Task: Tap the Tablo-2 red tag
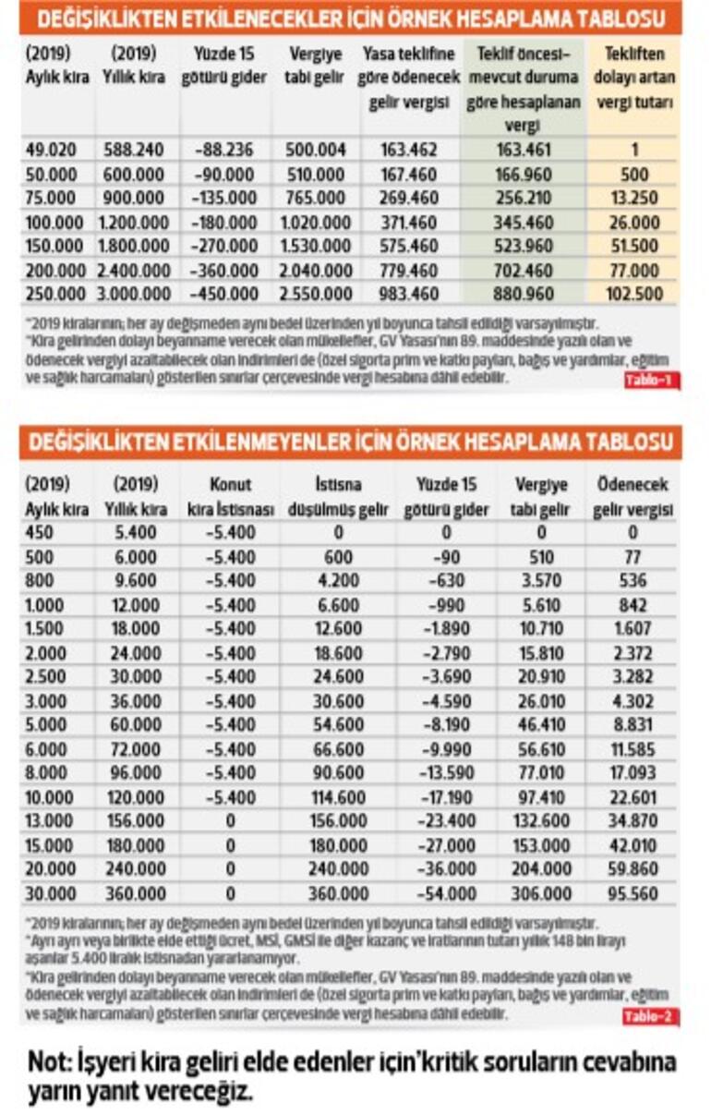pyautogui.click(x=651, y=1017)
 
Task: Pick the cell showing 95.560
pyautogui.click(x=631, y=893)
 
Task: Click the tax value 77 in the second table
pyautogui.click(x=631, y=557)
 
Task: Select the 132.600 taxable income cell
pyautogui.click(x=542, y=821)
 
